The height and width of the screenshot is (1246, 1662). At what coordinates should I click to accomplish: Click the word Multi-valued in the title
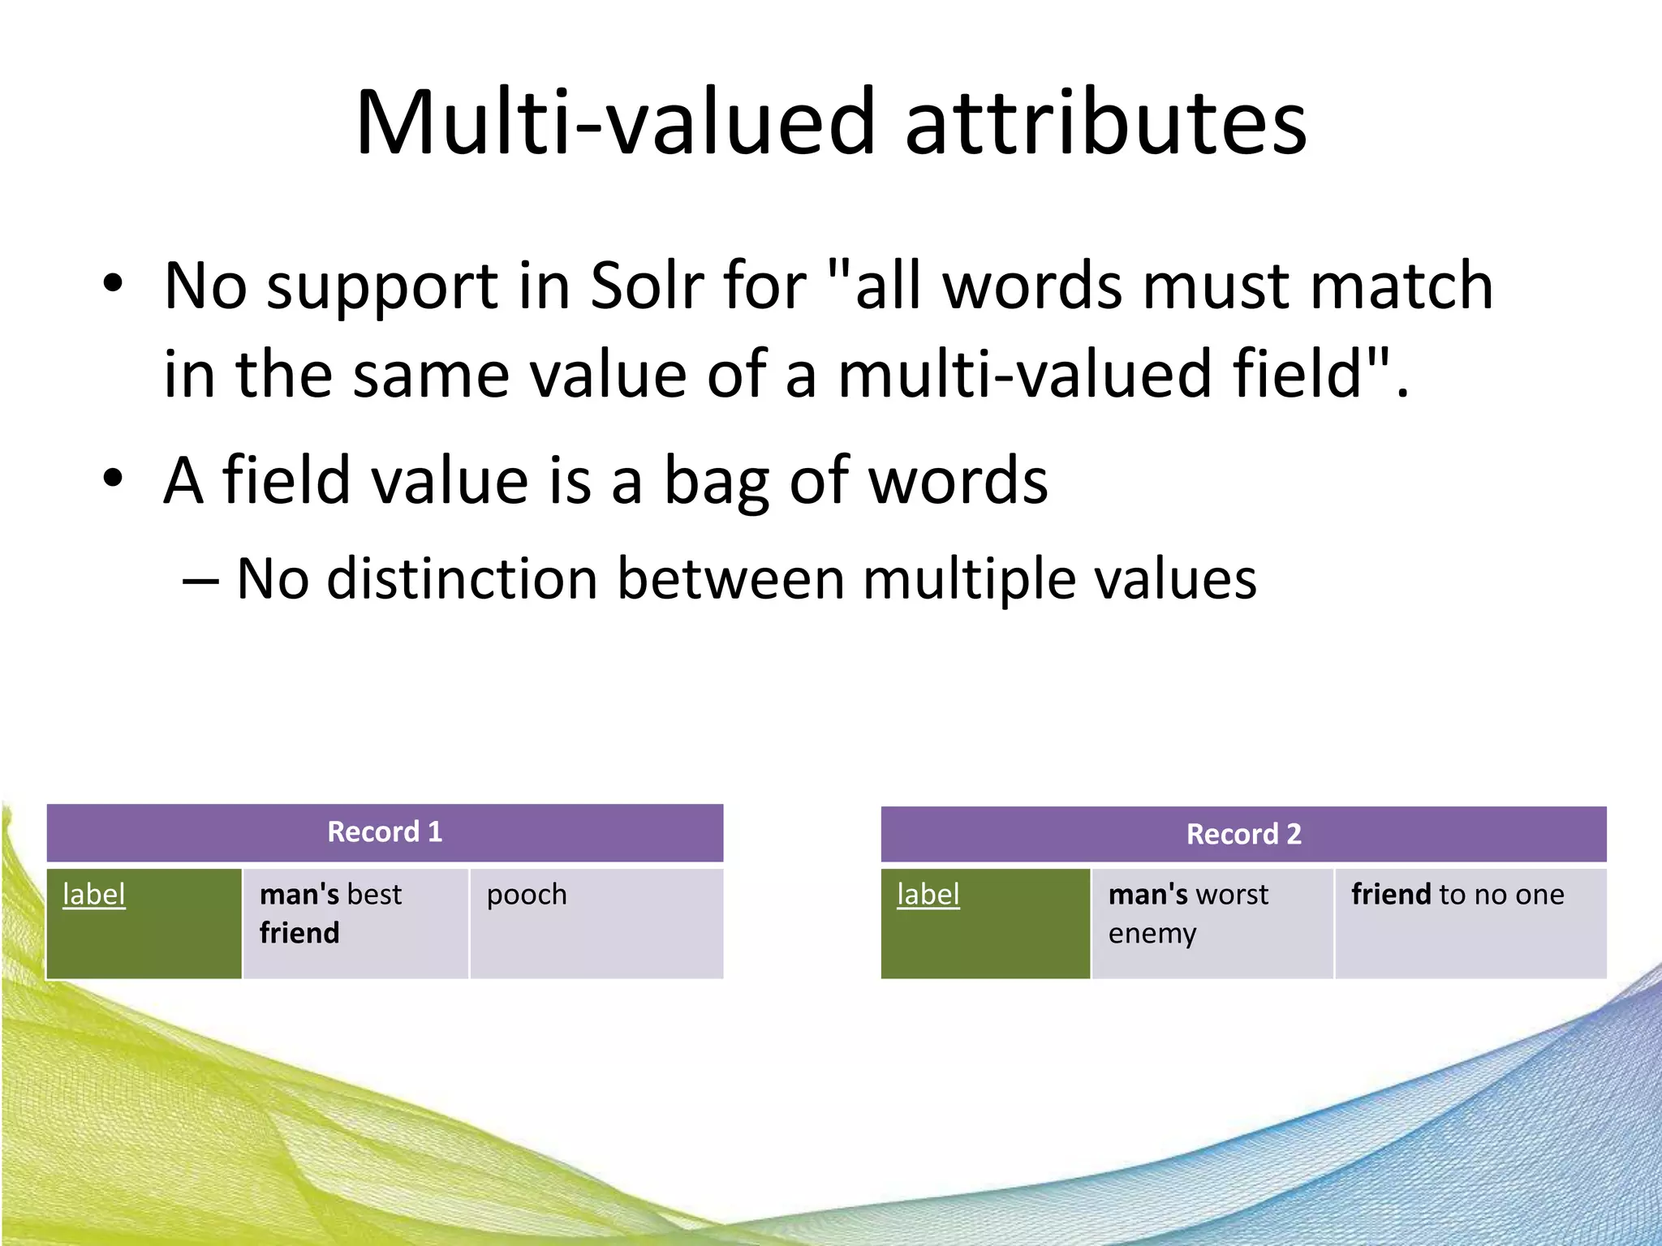(x=616, y=123)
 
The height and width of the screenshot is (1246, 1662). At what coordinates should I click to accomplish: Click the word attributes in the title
(x=1104, y=123)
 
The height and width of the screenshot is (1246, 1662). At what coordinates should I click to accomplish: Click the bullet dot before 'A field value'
(x=113, y=479)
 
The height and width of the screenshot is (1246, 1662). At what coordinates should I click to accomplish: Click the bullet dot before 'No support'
(x=113, y=283)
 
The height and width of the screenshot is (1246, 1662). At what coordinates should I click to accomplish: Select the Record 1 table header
(x=385, y=832)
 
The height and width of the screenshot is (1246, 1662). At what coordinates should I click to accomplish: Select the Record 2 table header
(x=1243, y=834)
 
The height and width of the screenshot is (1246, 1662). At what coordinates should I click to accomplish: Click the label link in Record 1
(x=94, y=894)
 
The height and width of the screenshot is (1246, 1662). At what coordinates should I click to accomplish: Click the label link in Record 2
(x=928, y=894)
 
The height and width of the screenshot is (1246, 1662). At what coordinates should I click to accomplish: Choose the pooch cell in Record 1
(x=527, y=896)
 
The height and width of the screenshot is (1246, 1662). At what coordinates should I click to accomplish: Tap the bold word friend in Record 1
(x=299, y=933)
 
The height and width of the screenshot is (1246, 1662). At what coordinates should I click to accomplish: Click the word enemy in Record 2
(x=1152, y=934)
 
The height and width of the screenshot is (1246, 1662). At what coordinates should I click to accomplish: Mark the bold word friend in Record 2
(x=1391, y=894)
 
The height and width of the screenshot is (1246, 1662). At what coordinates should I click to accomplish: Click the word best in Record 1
(x=374, y=894)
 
